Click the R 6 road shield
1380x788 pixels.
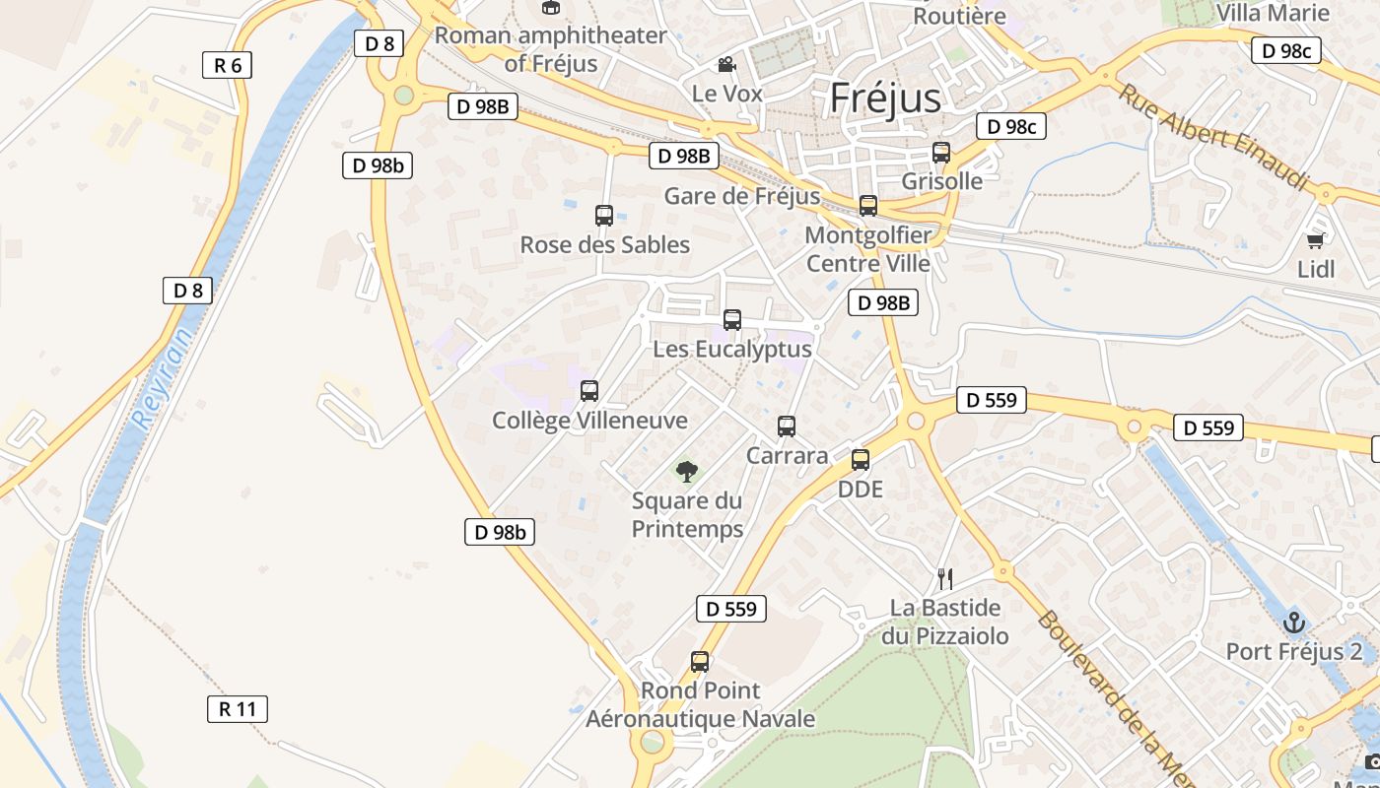[227, 66]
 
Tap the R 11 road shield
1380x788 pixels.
[238, 708]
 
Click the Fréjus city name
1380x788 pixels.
[885, 98]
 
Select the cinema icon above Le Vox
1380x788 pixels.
[726, 65]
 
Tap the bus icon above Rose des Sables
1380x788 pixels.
[604, 215]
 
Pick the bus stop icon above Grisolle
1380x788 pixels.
[941, 153]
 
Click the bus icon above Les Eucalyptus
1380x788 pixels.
[732, 319]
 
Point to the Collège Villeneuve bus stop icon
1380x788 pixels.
[589, 391]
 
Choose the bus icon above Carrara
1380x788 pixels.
[787, 426]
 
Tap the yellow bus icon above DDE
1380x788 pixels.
[861, 459]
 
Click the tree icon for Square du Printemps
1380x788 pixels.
[687, 471]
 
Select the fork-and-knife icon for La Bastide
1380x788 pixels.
[945, 578]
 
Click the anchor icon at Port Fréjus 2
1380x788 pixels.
[1294, 622]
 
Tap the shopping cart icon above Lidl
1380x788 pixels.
[1315, 239]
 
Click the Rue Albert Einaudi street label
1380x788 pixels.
[1212, 137]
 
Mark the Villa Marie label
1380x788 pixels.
[1273, 13]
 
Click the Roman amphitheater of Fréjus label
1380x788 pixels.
[551, 49]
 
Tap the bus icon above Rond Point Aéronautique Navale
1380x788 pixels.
[700, 661]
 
